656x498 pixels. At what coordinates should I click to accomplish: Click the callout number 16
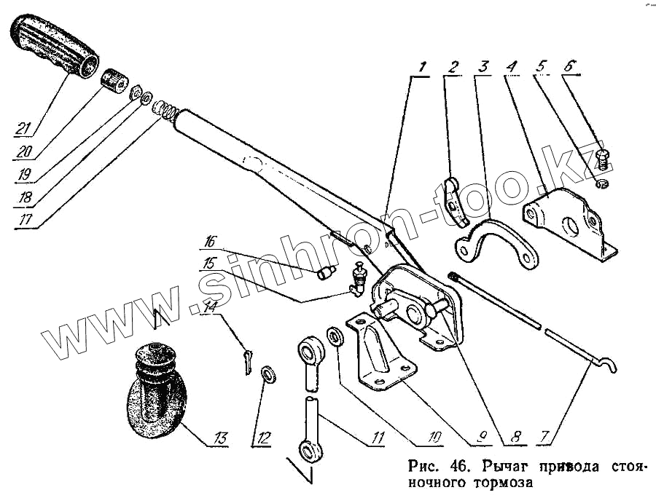(210, 241)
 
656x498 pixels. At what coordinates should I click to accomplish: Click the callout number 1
(420, 68)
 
